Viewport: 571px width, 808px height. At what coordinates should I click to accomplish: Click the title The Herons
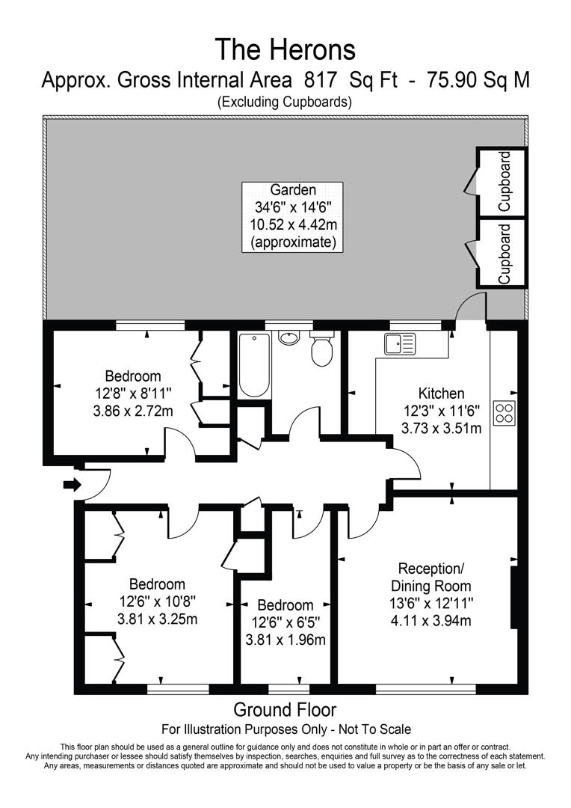tap(285, 49)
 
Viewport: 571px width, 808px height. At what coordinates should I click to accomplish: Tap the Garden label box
tap(292, 216)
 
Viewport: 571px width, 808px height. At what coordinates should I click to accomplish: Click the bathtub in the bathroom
tap(254, 364)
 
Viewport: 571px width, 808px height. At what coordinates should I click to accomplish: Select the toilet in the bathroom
tap(322, 350)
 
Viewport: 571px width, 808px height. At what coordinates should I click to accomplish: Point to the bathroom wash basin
tap(288, 337)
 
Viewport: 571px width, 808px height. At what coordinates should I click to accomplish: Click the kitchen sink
tap(400, 344)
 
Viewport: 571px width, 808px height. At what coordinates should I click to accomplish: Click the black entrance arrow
tap(72, 484)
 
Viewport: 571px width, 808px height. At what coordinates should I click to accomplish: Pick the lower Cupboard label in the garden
tap(505, 253)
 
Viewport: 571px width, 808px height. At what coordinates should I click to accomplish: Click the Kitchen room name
tap(441, 394)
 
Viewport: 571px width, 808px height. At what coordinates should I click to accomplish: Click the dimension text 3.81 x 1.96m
tap(285, 640)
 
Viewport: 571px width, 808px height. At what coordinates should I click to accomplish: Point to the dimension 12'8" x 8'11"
tap(132, 394)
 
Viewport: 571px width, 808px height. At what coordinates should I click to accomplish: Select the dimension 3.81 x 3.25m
tap(157, 619)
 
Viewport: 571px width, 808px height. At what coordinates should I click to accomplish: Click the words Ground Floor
tap(285, 709)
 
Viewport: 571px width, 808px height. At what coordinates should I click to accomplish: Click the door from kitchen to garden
tap(472, 307)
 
